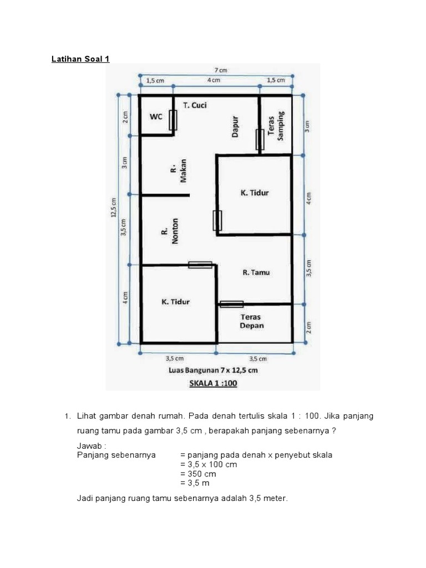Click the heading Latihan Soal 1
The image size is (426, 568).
click(80, 59)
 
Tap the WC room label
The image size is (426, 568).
click(156, 116)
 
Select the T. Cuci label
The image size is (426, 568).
click(195, 105)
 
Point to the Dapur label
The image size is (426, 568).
click(235, 126)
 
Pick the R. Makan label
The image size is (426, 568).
click(179, 171)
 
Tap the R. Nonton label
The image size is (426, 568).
click(170, 231)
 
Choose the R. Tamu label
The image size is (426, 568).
click(256, 272)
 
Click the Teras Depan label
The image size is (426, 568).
click(251, 321)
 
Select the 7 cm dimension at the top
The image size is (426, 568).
click(221, 70)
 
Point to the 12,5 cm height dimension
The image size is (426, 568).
click(113, 207)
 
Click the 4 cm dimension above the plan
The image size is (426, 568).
click(214, 80)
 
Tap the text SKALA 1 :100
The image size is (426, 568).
click(213, 383)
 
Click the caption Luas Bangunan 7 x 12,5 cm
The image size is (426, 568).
click(213, 370)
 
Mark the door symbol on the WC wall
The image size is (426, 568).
click(173, 120)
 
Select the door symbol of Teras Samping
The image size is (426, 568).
click(260, 139)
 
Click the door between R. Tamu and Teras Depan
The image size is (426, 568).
click(231, 305)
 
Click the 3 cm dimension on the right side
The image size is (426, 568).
click(307, 126)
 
